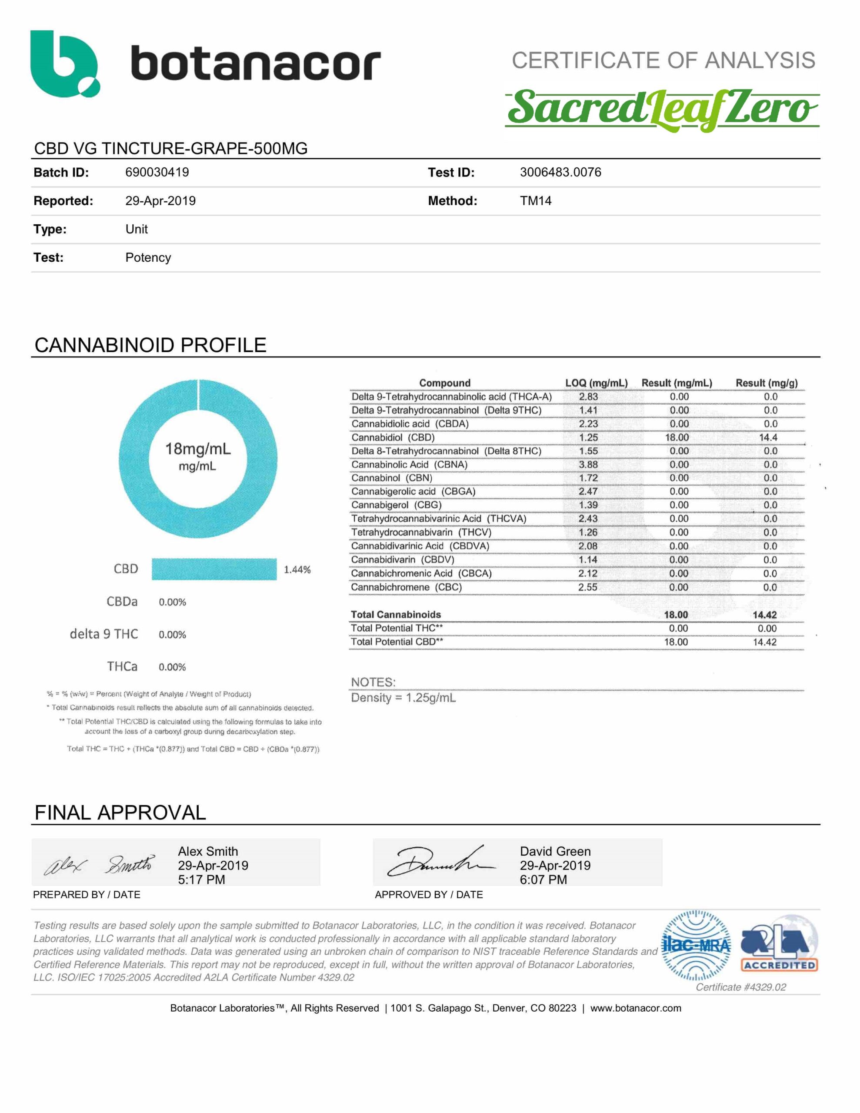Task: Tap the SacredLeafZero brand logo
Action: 662,110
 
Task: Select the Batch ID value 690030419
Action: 157,172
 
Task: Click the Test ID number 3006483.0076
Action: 560,172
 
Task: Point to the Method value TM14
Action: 535,201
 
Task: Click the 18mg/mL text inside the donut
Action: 198,449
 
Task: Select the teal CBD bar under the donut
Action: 214,569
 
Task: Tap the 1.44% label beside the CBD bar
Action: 297,570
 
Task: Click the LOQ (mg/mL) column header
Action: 596,383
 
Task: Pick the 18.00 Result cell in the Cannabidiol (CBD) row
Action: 677,437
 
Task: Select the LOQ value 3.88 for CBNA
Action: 588,464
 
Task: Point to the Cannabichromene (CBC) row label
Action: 406,587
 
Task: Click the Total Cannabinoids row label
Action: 396,615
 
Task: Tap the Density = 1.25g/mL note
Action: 403,698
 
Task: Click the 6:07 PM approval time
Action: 543,880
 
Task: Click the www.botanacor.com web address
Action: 635,1008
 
